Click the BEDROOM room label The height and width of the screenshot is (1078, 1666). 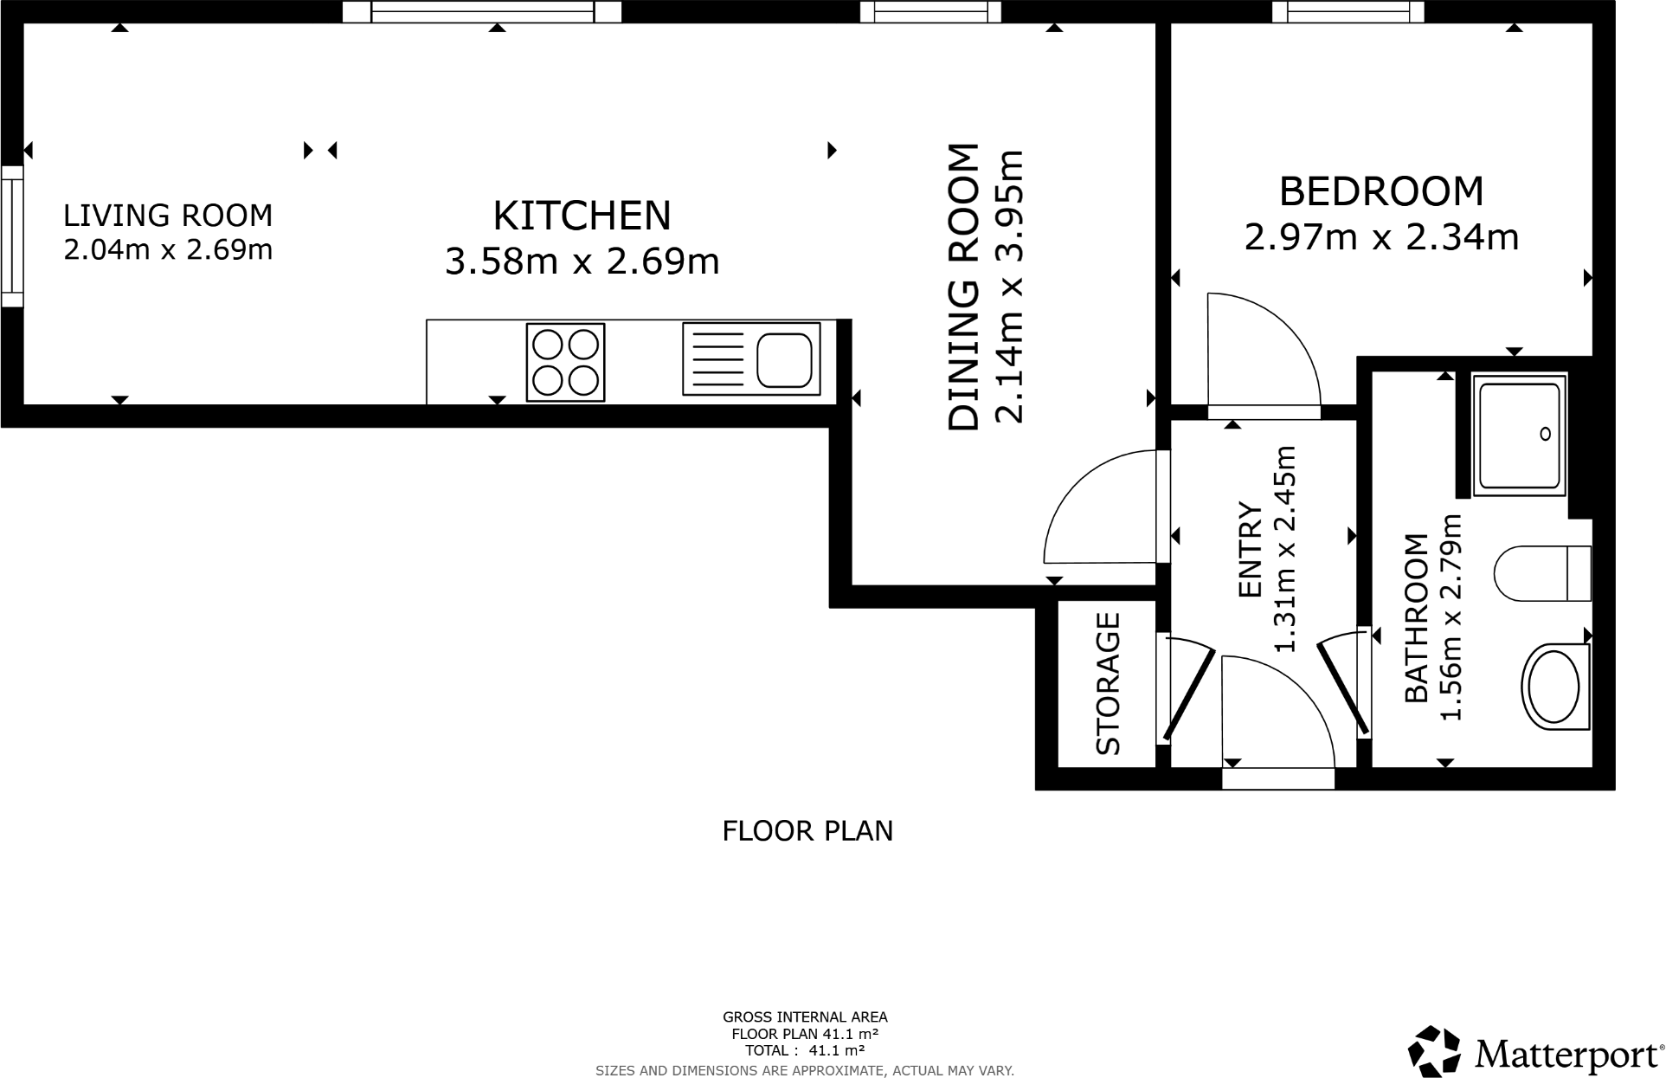coord(1380,191)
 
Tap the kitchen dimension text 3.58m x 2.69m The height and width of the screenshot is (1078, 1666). coord(582,261)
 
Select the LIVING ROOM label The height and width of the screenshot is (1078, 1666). coord(168,215)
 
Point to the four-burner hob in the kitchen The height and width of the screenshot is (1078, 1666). coord(565,362)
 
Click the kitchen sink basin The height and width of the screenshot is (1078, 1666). coord(783,358)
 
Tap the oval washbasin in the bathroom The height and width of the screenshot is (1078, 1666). coord(1554,687)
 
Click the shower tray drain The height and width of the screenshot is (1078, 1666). coord(1546,435)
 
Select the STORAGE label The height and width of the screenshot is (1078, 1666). coord(1108,683)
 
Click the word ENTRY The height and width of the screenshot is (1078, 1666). coord(1251,549)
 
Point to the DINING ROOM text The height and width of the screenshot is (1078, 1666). coord(963,287)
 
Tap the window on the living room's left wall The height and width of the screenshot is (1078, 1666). coord(11,236)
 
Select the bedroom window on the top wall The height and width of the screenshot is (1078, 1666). coord(1347,11)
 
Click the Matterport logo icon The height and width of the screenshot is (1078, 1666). coord(1435,1051)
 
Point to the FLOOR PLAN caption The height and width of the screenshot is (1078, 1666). coord(807,831)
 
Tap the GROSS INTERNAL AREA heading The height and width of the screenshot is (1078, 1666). coord(805,1017)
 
